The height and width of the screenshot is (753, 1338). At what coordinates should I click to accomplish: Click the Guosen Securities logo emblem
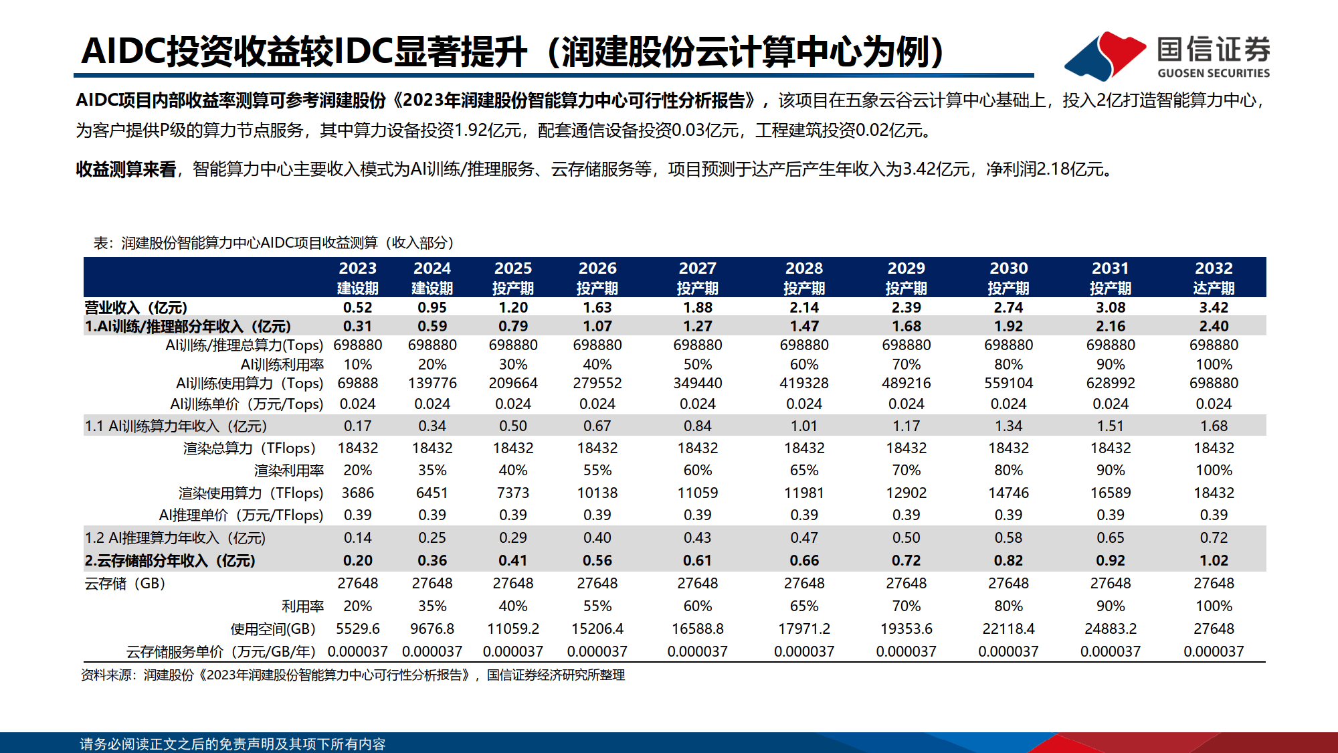pyautogui.click(x=1105, y=56)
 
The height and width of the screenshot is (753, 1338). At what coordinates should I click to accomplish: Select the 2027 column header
pyautogui.click(x=697, y=277)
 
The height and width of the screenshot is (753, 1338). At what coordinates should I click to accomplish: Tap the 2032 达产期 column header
pyautogui.click(x=1213, y=277)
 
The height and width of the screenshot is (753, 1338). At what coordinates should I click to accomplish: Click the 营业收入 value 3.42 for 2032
pyautogui.click(x=1213, y=307)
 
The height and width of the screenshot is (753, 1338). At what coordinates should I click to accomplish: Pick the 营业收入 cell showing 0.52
pyautogui.click(x=357, y=307)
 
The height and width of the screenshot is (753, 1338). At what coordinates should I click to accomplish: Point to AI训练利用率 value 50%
pyautogui.click(x=697, y=364)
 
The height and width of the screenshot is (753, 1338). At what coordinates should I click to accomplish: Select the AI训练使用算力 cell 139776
pyautogui.click(x=432, y=383)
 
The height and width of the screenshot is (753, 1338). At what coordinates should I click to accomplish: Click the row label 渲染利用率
pyautogui.click(x=288, y=471)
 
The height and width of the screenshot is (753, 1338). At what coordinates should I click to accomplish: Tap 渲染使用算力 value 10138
pyautogui.click(x=597, y=493)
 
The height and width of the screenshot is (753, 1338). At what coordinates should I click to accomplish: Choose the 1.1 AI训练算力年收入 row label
pyautogui.click(x=176, y=426)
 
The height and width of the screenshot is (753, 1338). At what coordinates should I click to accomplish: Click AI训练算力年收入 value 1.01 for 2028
pyautogui.click(x=803, y=426)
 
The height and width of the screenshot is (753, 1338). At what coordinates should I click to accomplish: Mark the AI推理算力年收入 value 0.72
pyautogui.click(x=1213, y=537)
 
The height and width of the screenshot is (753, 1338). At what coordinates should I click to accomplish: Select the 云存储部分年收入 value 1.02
pyautogui.click(x=1213, y=560)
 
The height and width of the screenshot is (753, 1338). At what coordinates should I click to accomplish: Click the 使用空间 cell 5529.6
pyautogui.click(x=357, y=629)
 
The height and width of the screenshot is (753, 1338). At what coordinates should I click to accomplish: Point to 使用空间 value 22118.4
pyautogui.click(x=1008, y=629)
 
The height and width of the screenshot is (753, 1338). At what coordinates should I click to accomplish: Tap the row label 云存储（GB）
pyautogui.click(x=125, y=584)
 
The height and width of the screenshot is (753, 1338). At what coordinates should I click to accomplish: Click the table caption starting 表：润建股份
pyautogui.click(x=274, y=242)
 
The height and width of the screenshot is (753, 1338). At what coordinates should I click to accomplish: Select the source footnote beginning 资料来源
pyautogui.click(x=353, y=675)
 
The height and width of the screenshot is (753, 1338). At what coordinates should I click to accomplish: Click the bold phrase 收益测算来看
pyautogui.click(x=126, y=169)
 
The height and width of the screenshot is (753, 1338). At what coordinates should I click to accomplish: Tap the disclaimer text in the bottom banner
pyautogui.click(x=232, y=744)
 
